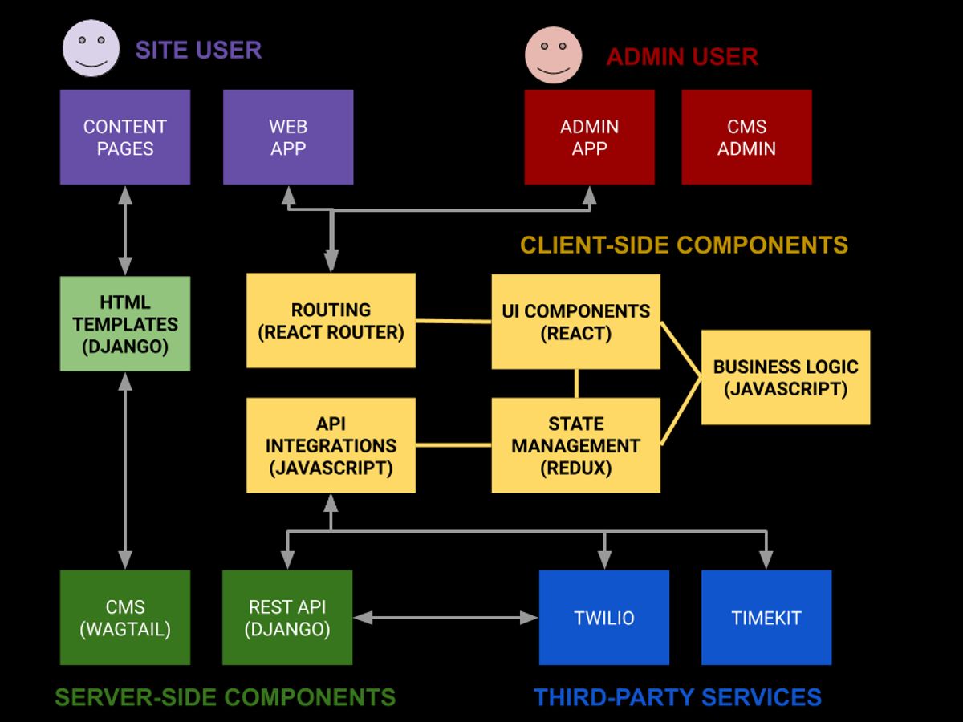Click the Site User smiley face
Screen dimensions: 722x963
point(91,48)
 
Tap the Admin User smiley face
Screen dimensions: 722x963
point(553,55)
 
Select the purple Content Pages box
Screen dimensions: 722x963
point(125,137)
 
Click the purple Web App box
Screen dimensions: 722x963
point(288,137)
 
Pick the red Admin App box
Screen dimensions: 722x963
point(589,137)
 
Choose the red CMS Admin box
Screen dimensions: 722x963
point(746,137)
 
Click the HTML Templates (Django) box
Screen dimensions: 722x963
point(125,324)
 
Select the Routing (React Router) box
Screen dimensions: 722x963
point(331,321)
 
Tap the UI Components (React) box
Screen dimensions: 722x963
point(575,322)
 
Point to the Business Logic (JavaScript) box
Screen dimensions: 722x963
point(786,377)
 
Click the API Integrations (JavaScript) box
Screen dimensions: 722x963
point(331,445)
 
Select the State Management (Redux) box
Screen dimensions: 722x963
point(575,445)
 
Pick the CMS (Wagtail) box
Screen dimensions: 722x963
point(125,618)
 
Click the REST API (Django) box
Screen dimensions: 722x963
point(287,618)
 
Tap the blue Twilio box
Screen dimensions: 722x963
point(603,618)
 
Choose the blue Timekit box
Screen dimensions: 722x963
point(766,618)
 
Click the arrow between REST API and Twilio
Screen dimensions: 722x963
point(445,618)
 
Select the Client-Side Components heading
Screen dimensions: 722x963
point(684,245)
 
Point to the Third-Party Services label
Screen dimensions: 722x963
point(677,696)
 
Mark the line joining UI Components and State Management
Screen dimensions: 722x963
point(576,383)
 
